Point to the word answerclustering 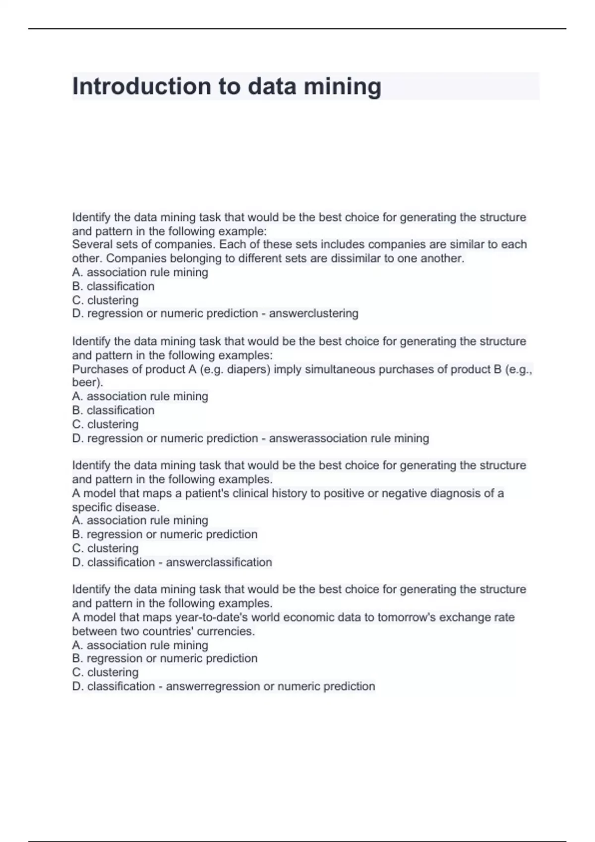click(x=313, y=314)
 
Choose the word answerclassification click(x=219, y=563)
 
